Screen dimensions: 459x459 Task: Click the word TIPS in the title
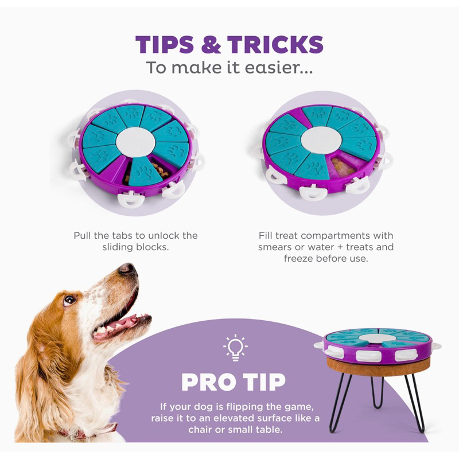point(165,44)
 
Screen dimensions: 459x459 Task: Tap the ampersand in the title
point(211,44)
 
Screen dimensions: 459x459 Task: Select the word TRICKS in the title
point(275,44)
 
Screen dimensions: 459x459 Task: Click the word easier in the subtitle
point(278,67)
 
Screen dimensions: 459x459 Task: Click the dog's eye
point(69,299)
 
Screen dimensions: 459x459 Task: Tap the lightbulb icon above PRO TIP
point(235,347)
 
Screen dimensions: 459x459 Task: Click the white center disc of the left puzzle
point(135,142)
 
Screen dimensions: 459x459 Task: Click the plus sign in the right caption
point(340,247)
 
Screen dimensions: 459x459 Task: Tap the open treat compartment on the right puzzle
point(343,166)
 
